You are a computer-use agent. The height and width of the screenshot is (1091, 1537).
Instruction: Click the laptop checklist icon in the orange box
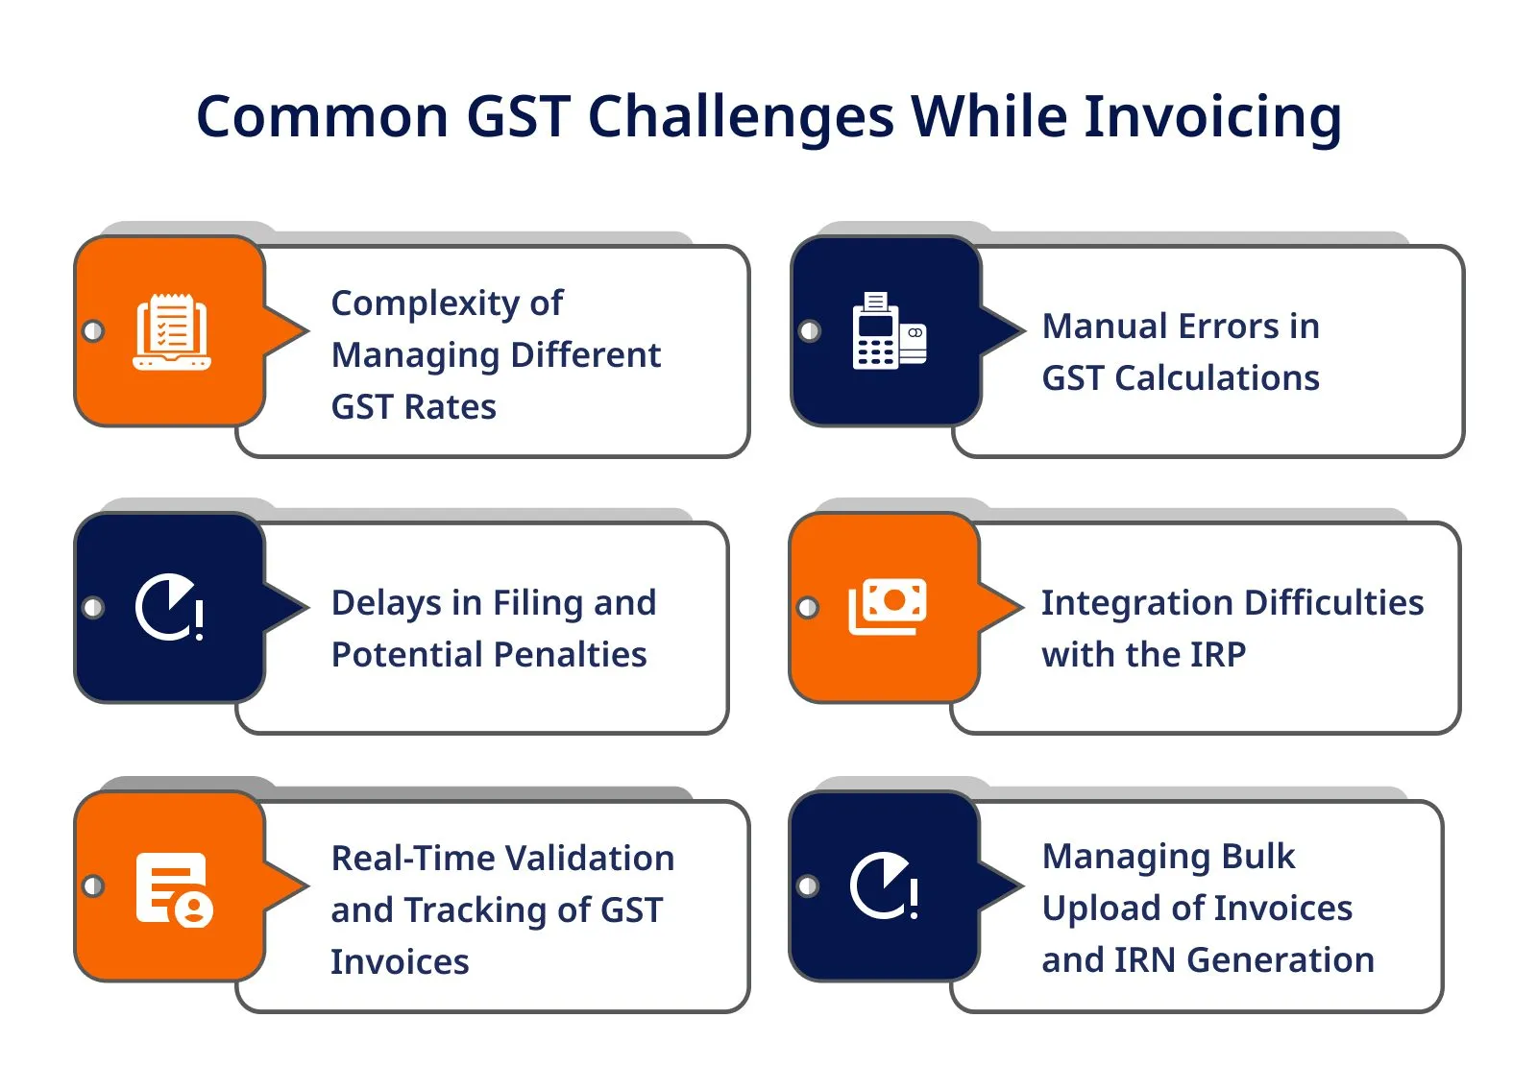coord(172,332)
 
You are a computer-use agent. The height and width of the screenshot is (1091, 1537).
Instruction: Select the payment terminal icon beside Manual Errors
coord(890,330)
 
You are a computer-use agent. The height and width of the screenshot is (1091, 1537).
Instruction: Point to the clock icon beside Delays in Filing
coord(169,607)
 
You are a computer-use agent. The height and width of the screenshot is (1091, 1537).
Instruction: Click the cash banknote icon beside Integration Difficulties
coord(888,607)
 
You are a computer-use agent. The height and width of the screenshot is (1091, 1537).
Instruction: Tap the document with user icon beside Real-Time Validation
coord(174,890)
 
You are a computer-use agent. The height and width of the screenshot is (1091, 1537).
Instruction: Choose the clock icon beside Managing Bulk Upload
coord(884,885)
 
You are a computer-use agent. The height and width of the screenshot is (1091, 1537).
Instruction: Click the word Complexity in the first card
coord(426,304)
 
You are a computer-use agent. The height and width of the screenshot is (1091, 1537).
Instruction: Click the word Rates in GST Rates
coord(451,407)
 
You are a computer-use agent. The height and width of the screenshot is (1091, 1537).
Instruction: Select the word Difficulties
coord(1334,603)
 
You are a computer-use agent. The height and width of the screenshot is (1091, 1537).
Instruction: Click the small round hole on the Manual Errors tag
coord(810,331)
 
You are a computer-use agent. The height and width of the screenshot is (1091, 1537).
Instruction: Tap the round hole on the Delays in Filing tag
coord(93,607)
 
